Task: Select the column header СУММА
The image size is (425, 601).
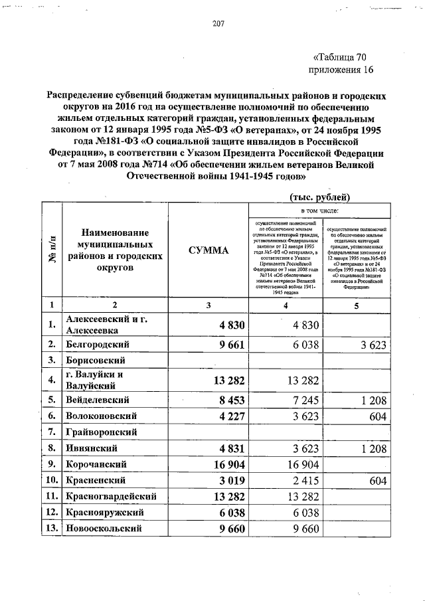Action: (207, 250)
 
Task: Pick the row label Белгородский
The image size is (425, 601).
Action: (97, 344)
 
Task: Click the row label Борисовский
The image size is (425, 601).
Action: (96, 361)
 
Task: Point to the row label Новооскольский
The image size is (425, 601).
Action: (104, 529)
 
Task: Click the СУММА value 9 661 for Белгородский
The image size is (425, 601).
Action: (230, 344)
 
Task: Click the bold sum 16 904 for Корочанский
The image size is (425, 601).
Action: (226, 464)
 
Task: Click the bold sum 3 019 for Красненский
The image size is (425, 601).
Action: (230, 480)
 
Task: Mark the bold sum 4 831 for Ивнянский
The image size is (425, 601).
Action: (230, 448)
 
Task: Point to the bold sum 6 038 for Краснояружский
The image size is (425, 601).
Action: (230, 513)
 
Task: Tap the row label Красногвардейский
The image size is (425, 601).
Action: (111, 496)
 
